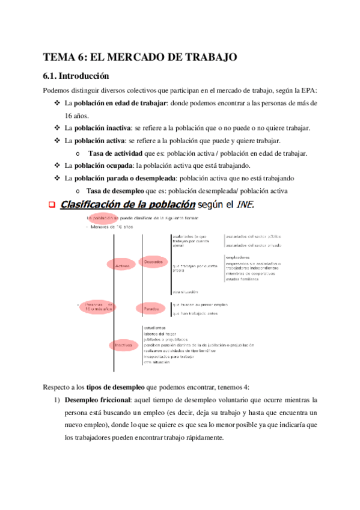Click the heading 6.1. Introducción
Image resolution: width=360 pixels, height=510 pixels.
[x=76, y=76]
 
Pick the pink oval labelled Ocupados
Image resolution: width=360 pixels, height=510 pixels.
[x=154, y=262]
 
